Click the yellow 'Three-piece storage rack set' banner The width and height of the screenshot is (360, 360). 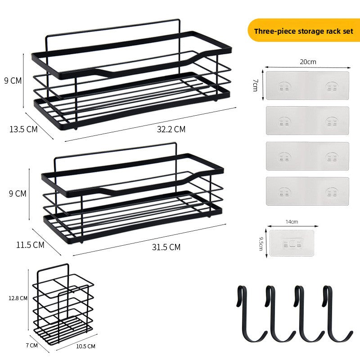pos(303,30)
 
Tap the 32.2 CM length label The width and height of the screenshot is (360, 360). pos(171,129)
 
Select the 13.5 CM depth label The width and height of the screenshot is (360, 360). pos(23,129)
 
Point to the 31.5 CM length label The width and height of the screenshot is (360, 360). pos(166,247)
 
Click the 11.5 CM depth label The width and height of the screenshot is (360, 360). pos(30,245)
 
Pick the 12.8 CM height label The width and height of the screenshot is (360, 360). pos(18,298)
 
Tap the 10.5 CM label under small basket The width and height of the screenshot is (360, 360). pos(85,346)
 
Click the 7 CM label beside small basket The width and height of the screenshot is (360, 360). pos(31,345)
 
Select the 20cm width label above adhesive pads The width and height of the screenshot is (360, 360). pos(308,62)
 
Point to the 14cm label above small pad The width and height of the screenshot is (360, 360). pos(292,222)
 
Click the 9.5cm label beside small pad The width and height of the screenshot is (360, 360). pos(261,244)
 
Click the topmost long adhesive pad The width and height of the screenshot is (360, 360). pos(307,85)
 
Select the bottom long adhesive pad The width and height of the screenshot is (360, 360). pos(307,191)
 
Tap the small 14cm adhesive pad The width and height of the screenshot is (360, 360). pos(292,243)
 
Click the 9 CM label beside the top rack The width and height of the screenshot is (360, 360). pos(13,81)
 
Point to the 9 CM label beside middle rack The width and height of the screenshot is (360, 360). pos(18,193)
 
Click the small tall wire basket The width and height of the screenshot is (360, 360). pos(63,304)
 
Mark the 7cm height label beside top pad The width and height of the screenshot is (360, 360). pos(255,85)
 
